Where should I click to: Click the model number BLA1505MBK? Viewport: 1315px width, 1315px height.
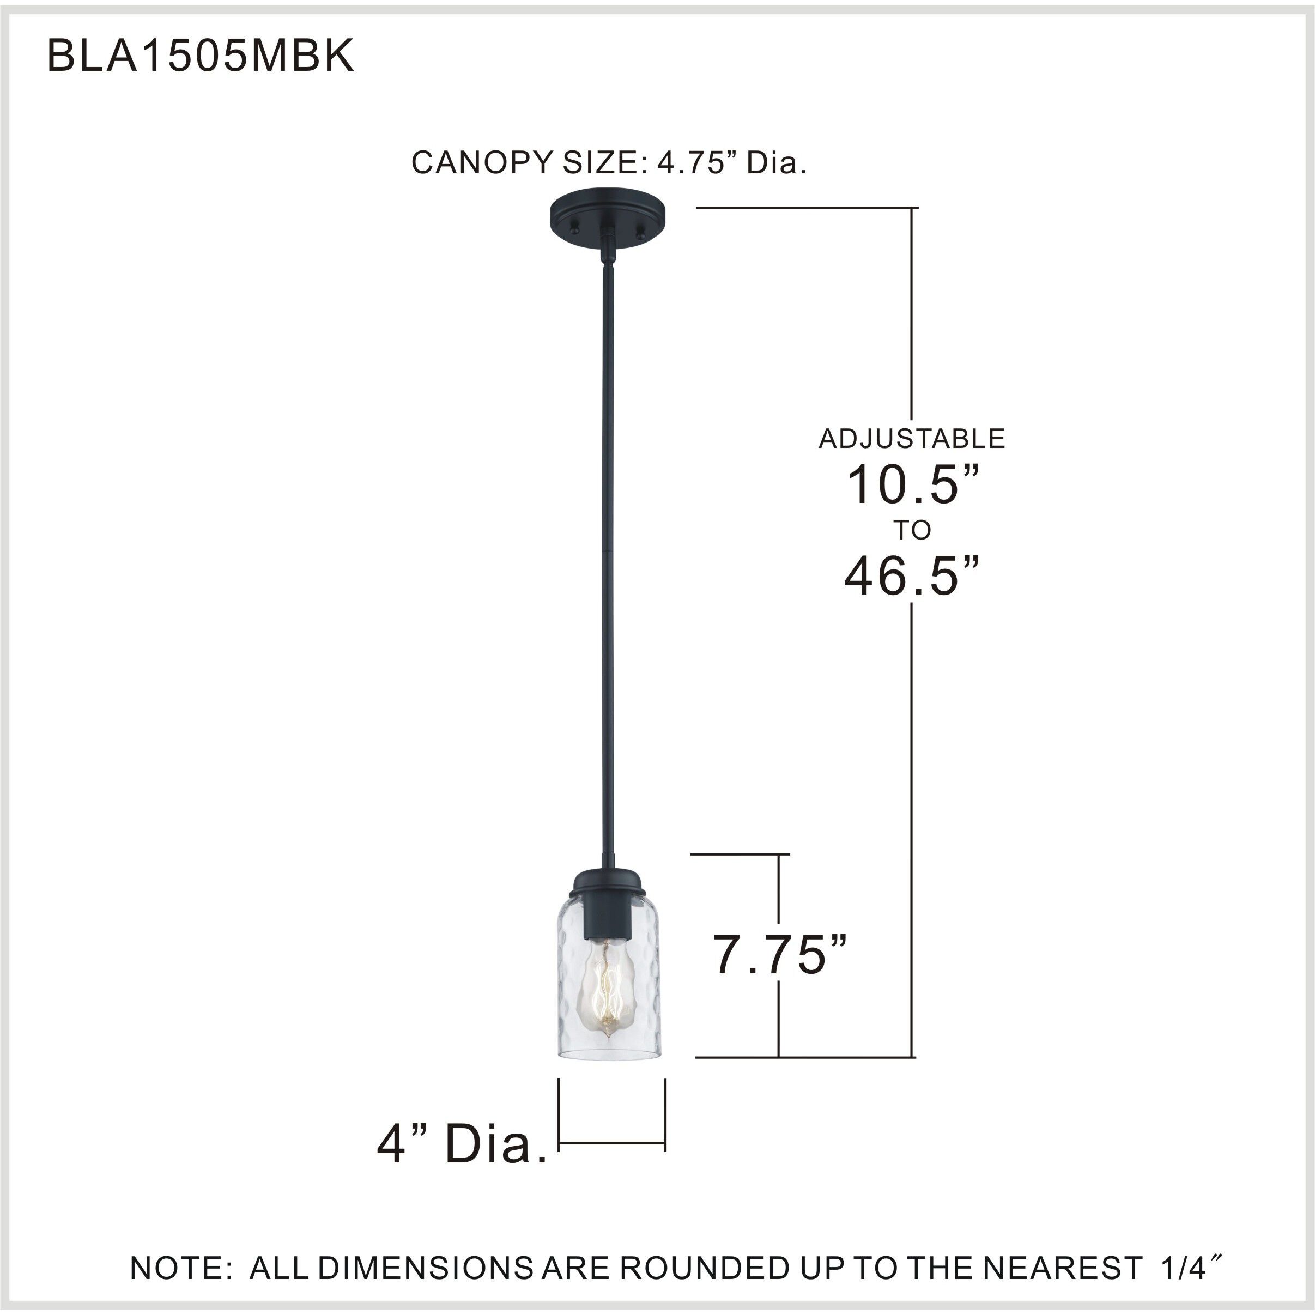pos(200,56)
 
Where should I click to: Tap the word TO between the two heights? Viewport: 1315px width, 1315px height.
pos(912,530)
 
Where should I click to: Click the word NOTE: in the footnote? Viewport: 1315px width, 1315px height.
pos(181,1268)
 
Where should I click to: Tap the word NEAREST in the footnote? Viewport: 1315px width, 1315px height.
pos(1058,1268)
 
